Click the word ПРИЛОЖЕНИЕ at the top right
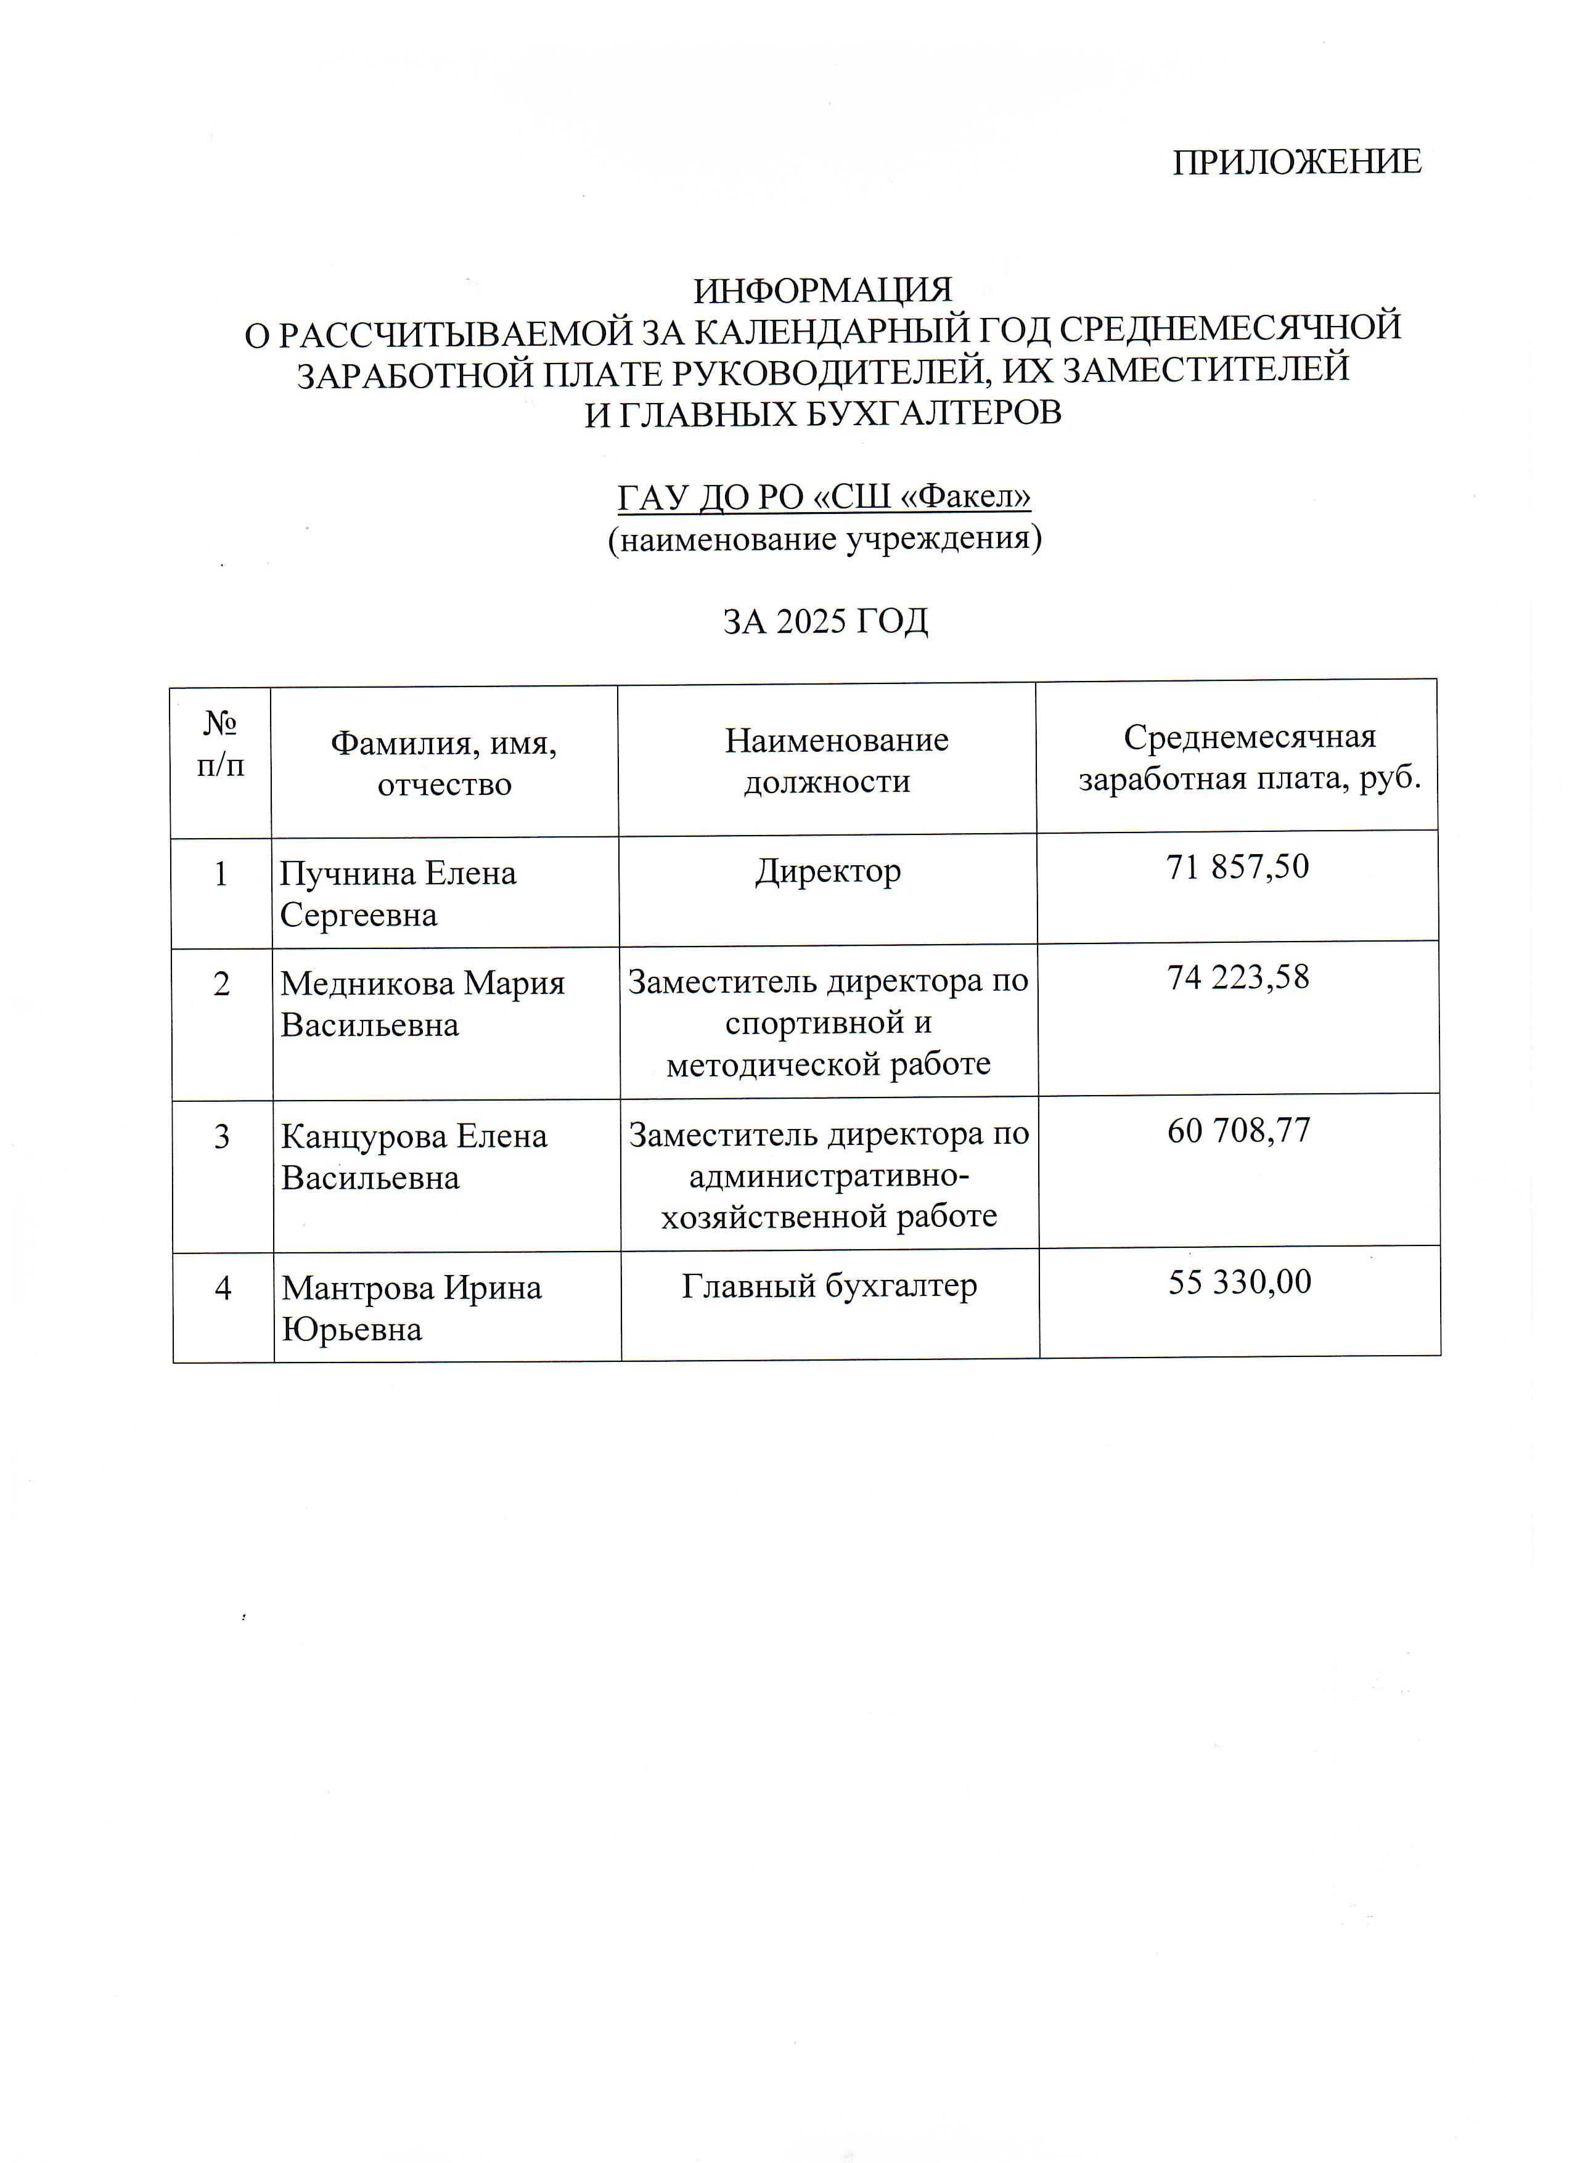pos(1296,162)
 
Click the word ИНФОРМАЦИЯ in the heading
pos(822,289)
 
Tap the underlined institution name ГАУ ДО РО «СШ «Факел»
pos(824,497)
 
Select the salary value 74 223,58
pos(1238,977)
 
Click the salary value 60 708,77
pos(1239,1130)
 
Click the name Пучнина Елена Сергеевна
pos(398,894)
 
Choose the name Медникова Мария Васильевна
pos(422,1003)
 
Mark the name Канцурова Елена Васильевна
pos(413,1157)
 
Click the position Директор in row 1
pos(828,871)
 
